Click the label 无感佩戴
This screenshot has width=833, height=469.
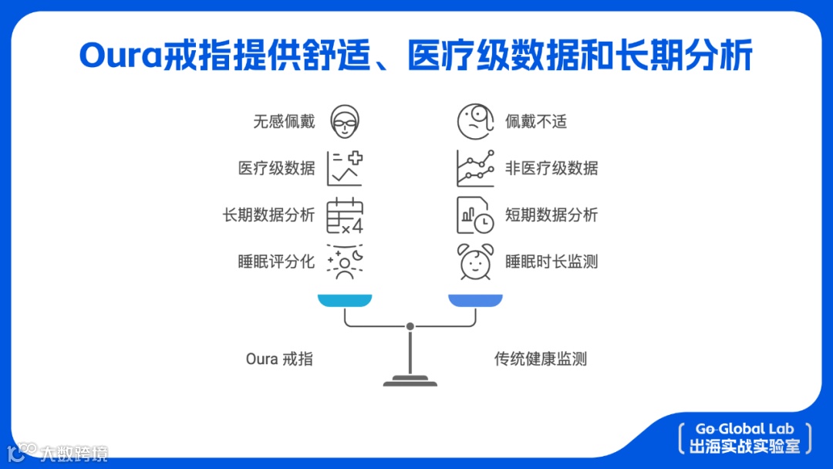(x=284, y=121)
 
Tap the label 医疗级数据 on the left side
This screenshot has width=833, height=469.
(x=276, y=168)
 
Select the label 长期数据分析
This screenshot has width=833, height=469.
(x=268, y=215)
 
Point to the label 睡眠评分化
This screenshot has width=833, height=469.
(x=276, y=261)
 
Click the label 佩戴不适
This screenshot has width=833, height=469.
(x=536, y=121)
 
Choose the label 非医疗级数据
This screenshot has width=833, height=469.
(x=551, y=168)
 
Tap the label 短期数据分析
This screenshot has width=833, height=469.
(x=551, y=215)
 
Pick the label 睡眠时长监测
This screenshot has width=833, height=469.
(x=551, y=261)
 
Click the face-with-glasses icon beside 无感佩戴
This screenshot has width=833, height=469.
(x=345, y=121)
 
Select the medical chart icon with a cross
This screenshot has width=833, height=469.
(x=345, y=168)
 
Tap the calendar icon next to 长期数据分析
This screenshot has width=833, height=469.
(x=345, y=215)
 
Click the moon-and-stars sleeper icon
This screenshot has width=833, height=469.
(x=345, y=261)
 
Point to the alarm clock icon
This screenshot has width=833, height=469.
(x=475, y=261)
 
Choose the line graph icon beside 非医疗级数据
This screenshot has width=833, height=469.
(x=475, y=168)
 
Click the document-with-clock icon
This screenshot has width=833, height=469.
(x=475, y=215)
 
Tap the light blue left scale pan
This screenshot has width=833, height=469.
(x=345, y=300)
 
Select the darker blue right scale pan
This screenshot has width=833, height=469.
(x=475, y=300)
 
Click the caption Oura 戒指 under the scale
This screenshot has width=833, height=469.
(x=279, y=359)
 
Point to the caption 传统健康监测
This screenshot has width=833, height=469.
(x=541, y=359)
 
